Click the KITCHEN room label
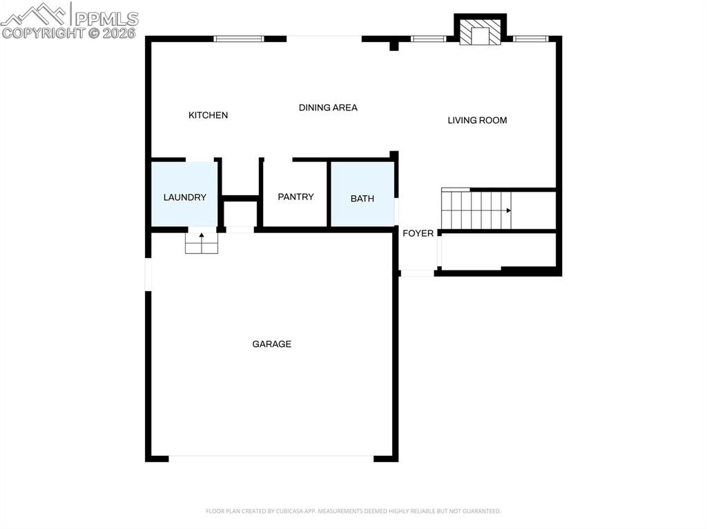208,115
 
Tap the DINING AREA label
328,108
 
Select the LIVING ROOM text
477,120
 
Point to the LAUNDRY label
184,197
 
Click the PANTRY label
296,197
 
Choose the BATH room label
362,199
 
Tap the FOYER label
418,233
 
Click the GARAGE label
271,343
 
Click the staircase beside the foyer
476,210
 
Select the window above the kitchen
239,39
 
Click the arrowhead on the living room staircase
508,210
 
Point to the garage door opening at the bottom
271,457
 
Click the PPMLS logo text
106,18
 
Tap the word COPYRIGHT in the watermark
43,32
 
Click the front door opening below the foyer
417,274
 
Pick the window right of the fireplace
530,39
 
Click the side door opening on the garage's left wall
148,274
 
